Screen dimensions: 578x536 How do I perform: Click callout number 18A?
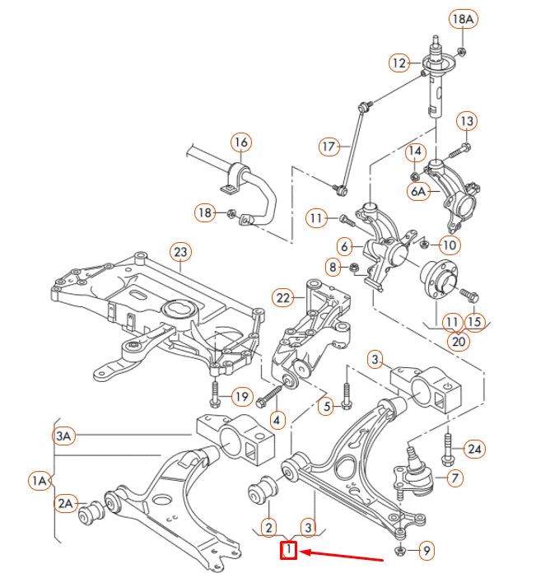tap(462, 18)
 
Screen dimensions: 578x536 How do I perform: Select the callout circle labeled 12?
tap(399, 63)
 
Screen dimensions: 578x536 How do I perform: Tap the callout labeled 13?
tap(466, 121)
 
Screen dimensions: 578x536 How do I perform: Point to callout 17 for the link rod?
tap(329, 147)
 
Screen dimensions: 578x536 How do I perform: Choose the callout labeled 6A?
tap(418, 191)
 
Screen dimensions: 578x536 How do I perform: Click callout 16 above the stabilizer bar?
tap(240, 142)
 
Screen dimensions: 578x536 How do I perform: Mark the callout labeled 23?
tap(179, 252)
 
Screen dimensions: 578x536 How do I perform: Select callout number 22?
tap(284, 297)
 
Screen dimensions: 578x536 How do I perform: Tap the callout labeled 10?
tap(450, 245)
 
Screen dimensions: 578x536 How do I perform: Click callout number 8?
tap(333, 266)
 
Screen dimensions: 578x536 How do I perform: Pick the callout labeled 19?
tap(240, 398)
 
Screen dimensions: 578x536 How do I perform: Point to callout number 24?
tap(473, 449)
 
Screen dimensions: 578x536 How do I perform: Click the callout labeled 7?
tap(454, 477)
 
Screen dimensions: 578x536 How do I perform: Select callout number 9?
tap(425, 551)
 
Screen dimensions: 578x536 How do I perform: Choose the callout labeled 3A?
tap(64, 436)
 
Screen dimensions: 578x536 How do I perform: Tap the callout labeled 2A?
tap(66, 502)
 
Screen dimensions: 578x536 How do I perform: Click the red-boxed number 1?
tap(288, 551)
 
